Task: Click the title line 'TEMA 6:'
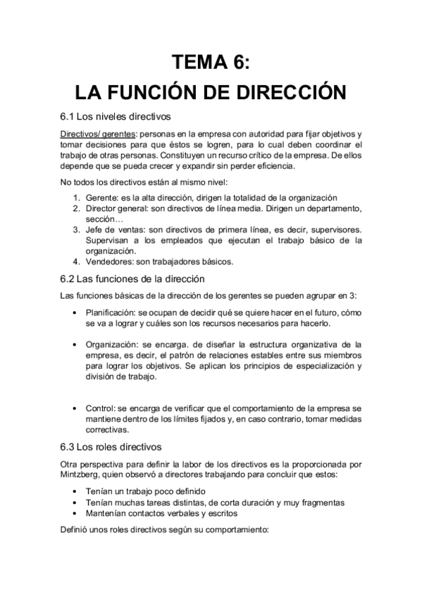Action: pos(211,64)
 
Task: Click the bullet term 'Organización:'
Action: pos(115,344)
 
